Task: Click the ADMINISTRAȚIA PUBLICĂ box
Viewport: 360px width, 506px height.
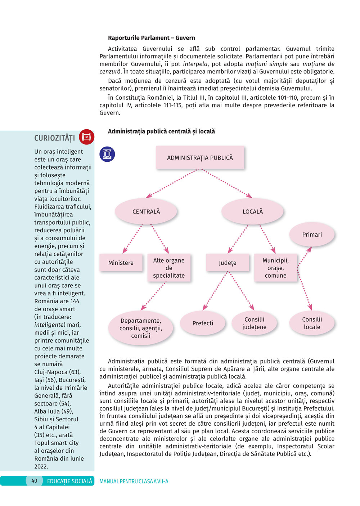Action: click(200, 157)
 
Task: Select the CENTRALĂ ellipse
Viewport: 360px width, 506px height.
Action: click(146, 211)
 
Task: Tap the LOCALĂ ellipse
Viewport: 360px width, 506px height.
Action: click(252, 211)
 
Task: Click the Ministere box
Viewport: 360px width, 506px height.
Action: click(121, 263)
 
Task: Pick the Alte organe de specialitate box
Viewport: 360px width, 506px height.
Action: click(169, 268)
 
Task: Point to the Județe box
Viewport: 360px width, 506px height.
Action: click(228, 263)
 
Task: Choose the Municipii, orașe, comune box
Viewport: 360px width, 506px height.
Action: click(275, 268)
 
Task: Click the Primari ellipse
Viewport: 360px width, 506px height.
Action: click(312, 234)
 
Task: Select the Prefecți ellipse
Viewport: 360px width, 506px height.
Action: click(203, 323)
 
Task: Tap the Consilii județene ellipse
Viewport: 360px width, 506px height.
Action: click(254, 323)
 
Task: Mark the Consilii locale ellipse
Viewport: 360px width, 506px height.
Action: click(312, 323)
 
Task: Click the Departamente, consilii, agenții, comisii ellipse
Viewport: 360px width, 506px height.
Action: click(141, 328)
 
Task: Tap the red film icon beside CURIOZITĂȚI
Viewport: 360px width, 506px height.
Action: click(86, 137)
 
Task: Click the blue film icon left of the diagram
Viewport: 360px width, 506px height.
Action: click(107, 154)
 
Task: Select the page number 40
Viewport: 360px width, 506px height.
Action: click(34, 480)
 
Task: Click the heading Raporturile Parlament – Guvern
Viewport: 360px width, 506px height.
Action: click(151, 38)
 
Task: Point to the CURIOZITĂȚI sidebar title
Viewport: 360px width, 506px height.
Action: click(55, 138)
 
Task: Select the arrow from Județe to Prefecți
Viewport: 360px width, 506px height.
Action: click(215, 290)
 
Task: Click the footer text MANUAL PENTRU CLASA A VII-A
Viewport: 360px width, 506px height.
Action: click(134, 481)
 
